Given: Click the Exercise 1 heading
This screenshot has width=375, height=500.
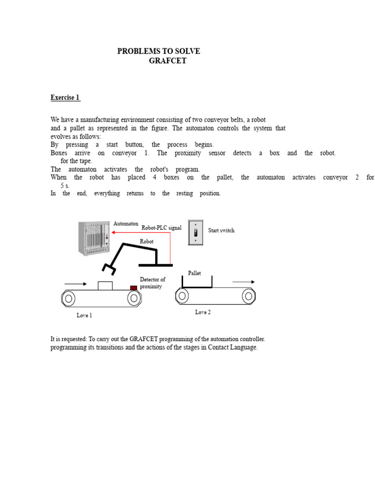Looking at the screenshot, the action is (65, 98).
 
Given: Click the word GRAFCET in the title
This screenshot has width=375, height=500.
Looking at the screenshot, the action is (167, 61).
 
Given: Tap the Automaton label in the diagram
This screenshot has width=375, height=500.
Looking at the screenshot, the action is (125, 224).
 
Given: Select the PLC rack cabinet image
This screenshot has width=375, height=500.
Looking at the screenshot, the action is (94, 238).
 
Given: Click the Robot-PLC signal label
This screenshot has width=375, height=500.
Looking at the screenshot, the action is (161, 228).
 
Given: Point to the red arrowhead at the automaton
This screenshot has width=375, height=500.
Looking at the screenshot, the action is (113, 232).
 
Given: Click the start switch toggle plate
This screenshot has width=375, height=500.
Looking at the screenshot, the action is (195, 232).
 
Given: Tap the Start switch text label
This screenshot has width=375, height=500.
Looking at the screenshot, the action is (221, 230).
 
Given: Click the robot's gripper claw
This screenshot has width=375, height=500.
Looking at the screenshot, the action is (109, 269).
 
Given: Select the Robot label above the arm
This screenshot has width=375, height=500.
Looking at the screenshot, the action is (146, 241).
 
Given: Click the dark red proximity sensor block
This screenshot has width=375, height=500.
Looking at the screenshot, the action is (134, 288).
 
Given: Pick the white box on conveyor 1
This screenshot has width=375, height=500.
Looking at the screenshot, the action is (105, 286).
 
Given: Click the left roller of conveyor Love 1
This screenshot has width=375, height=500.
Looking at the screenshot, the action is (68, 298).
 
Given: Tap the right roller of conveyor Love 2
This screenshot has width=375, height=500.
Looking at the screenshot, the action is (249, 296).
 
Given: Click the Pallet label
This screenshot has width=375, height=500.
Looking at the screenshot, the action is (194, 273).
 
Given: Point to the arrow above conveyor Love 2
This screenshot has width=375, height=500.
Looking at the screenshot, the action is (243, 282).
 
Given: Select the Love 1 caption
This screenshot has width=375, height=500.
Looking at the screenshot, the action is (84, 315).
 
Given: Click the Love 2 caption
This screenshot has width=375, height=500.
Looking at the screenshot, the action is (203, 312).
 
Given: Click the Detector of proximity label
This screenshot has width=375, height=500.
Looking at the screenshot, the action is (152, 283).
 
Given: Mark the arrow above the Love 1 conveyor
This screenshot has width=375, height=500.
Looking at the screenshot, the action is (76, 284).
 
